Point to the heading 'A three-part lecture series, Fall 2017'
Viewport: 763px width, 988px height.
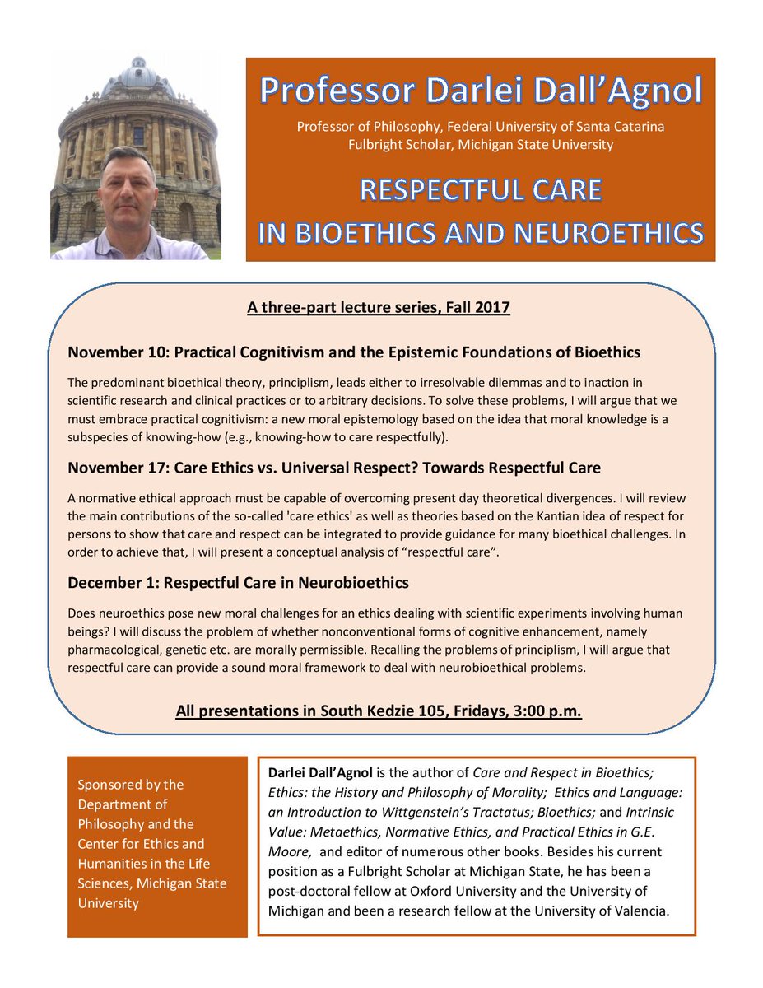[x=379, y=308]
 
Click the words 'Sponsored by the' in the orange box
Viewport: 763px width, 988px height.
[x=130, y=785]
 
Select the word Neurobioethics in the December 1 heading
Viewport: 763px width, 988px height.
[x=351, y=583]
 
